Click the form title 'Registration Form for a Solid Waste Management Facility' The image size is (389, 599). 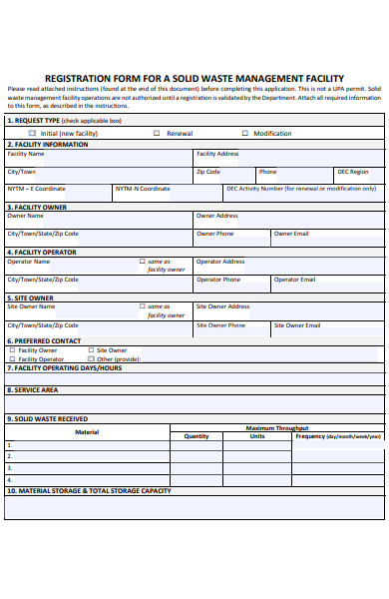click(194, 78)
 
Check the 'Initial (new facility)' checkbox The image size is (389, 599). click(32, 133)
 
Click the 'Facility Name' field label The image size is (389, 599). click(26, 155)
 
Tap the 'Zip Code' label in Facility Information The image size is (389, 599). click(208, 172)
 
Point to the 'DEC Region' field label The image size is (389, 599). click(352, 172)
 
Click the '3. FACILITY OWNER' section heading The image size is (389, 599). click(37, 207)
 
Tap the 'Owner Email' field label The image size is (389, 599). click(291, 234)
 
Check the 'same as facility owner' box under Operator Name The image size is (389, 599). click(142, 262)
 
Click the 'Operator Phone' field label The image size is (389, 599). click(219, 280)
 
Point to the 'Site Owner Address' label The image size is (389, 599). click(223, 306)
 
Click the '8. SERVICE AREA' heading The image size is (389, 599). click(32, 390)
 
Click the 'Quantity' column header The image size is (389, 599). click(196, 436)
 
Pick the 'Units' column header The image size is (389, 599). click(257, 436)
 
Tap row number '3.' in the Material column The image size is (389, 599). click(10, 466)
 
